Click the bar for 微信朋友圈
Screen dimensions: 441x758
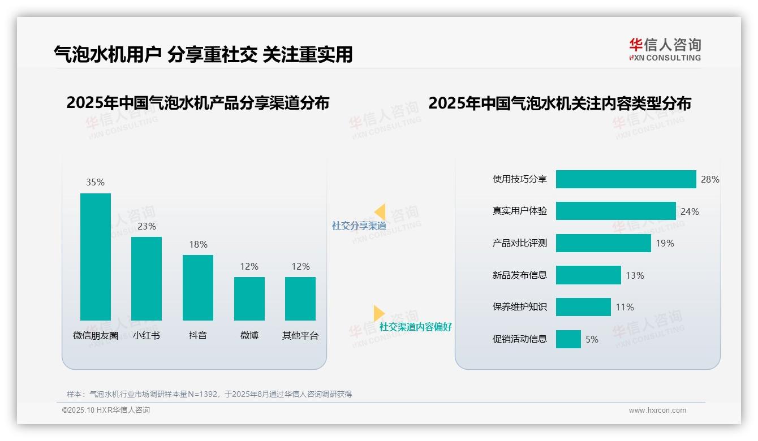pos(96,257)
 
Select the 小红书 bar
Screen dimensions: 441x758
pos(147,278)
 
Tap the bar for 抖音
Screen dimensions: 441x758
pos(198,287)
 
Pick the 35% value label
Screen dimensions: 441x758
pos(95,182)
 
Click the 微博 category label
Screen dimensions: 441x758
pos(249,335)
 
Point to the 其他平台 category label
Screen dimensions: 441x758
pos(300,335)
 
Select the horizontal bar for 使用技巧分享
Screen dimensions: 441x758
pos(626,179)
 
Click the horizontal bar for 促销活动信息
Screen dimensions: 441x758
pos(568,339)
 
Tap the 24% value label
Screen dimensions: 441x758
pos(690,211)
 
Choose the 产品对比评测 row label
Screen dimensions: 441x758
pos(520,243)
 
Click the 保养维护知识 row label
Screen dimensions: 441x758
pos(520,307)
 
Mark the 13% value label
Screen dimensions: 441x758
pos(635,275)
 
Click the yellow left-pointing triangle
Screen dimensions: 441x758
pos(380,212)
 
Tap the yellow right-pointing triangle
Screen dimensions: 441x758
pos(378,313)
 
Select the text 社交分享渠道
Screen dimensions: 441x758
pos(359,226)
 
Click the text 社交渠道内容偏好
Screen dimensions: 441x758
pos(416,327)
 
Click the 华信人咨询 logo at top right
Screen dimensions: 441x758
pos(665,49)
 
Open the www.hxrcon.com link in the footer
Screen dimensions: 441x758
pos(657,410)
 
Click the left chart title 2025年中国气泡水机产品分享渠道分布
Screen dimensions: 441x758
pos(197,103)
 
